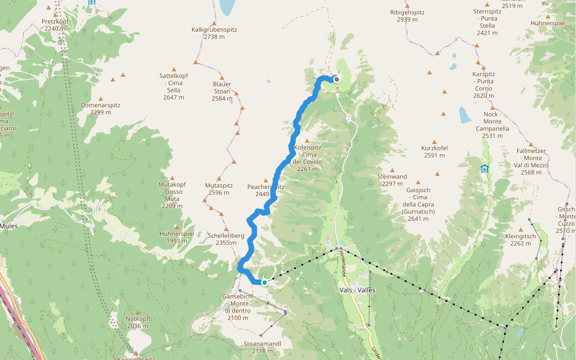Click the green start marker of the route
pos(264,282)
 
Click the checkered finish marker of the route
pos(337,79)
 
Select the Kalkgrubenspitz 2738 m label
pos(214,32)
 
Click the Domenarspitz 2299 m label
pos(100,109)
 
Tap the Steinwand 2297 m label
pos(392,180)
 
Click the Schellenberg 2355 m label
pos(226,239)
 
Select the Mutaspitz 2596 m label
pos(218,189)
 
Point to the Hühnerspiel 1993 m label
pos(176,237)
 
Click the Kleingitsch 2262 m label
pos(518,240)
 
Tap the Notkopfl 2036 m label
pos(137,322)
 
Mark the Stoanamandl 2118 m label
pos(262,347)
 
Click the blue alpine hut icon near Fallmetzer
pos(485,169)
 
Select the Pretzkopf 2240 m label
pos(54,25)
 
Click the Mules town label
pos(8,226)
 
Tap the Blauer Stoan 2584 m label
pos(222,91)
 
